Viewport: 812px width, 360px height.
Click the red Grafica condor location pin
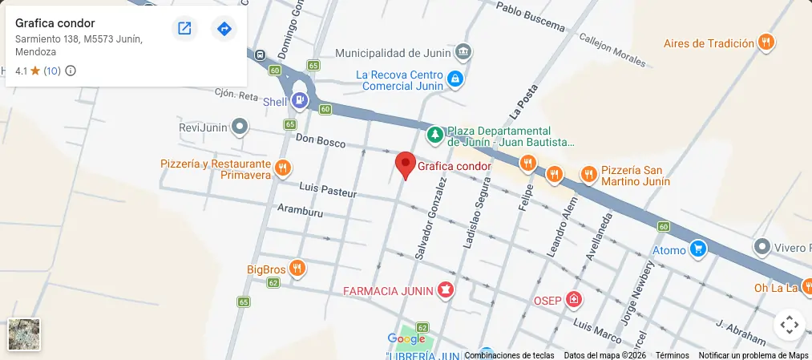[406, 164]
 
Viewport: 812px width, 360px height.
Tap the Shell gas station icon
[299, 101]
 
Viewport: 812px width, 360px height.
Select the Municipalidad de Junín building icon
[463, 53]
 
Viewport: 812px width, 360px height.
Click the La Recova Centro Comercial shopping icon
[455, 79]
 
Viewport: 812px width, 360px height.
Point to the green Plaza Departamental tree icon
[434, 135]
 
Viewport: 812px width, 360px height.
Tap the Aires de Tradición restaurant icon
[766, 43]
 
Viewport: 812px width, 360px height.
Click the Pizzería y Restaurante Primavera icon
[282, 168]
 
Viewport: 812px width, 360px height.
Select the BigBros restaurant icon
[297, 269]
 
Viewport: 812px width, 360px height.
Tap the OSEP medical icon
[573, 301]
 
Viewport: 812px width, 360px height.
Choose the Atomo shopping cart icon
[698, 249]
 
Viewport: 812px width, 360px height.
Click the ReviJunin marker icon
[239, 127]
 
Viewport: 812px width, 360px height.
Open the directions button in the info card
[224, 29]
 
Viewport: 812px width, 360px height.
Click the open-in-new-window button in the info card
[184, 29]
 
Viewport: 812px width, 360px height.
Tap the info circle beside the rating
[71, 71]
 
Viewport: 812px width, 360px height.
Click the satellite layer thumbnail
[24, 334]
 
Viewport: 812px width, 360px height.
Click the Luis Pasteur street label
[327, 190]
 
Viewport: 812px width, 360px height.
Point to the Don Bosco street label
[320, 141]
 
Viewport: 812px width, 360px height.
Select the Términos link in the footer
[672, 355]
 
